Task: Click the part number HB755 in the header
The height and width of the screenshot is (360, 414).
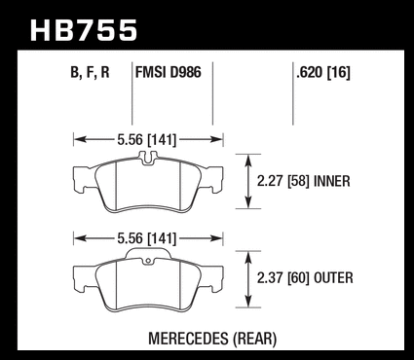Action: coord(84,30)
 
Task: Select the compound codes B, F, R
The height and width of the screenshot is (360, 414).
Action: coord(90,72)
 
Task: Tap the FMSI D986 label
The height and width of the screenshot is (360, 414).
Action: coord(169,72)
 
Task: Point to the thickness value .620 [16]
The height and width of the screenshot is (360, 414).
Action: coord(323,72)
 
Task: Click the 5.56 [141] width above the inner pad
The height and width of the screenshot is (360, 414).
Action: coord(147,140)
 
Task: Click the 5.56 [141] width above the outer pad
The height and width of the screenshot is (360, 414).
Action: coord(147,238)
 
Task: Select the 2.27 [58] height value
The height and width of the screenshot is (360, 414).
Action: coord(282,181)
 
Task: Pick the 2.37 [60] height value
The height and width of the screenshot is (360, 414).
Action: coord(282,278)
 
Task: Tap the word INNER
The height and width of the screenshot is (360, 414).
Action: coord(332,181)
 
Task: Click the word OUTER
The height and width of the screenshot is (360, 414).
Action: coord(333,278)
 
